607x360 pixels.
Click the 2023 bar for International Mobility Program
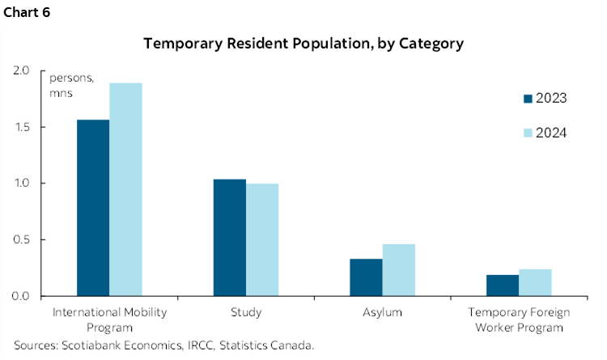click(x=93, y=208)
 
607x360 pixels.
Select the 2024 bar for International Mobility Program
click(x=125, y=189)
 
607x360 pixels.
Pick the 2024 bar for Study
click(x=261, y=239)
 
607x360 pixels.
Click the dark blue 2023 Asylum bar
click(x=366, y=277)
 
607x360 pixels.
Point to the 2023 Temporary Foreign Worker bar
click(x=502, y=285)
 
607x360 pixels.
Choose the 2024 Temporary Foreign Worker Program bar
click(x=535, y=282)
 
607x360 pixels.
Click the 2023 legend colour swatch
click(x=528, y=99)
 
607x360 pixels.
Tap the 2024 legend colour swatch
click(x=528, y=133)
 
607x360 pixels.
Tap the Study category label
click(x=245, y=311)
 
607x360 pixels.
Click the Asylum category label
click(x=382, y=311)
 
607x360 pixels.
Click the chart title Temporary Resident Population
click(x=303, y=44)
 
